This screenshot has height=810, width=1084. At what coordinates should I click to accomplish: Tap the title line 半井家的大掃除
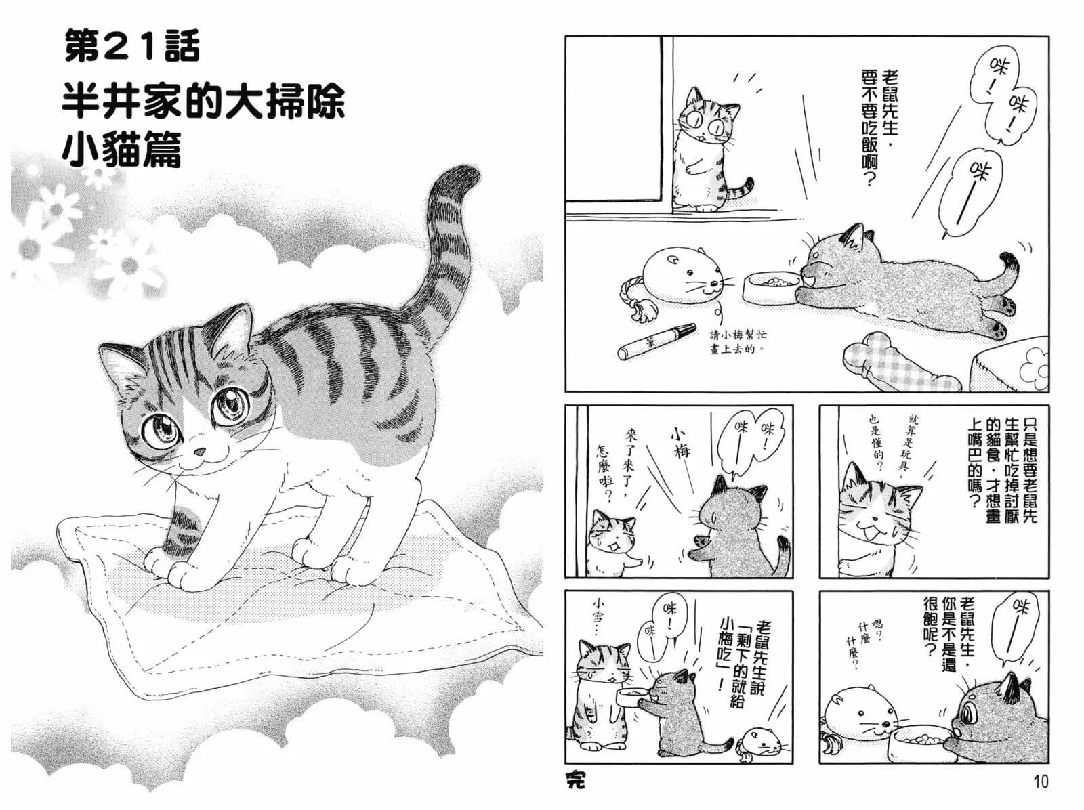tap(203, 103)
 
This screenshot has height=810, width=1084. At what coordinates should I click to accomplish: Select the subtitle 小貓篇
tap(121, 149)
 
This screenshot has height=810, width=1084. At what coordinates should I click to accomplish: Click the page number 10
tap(1039, 782)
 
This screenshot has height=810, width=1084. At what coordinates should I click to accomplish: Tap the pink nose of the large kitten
tap(199, 452)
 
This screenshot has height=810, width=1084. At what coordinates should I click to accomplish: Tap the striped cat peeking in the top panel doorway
tap(710, 149)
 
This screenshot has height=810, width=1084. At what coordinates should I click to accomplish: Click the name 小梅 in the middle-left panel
tap(680, 443)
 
